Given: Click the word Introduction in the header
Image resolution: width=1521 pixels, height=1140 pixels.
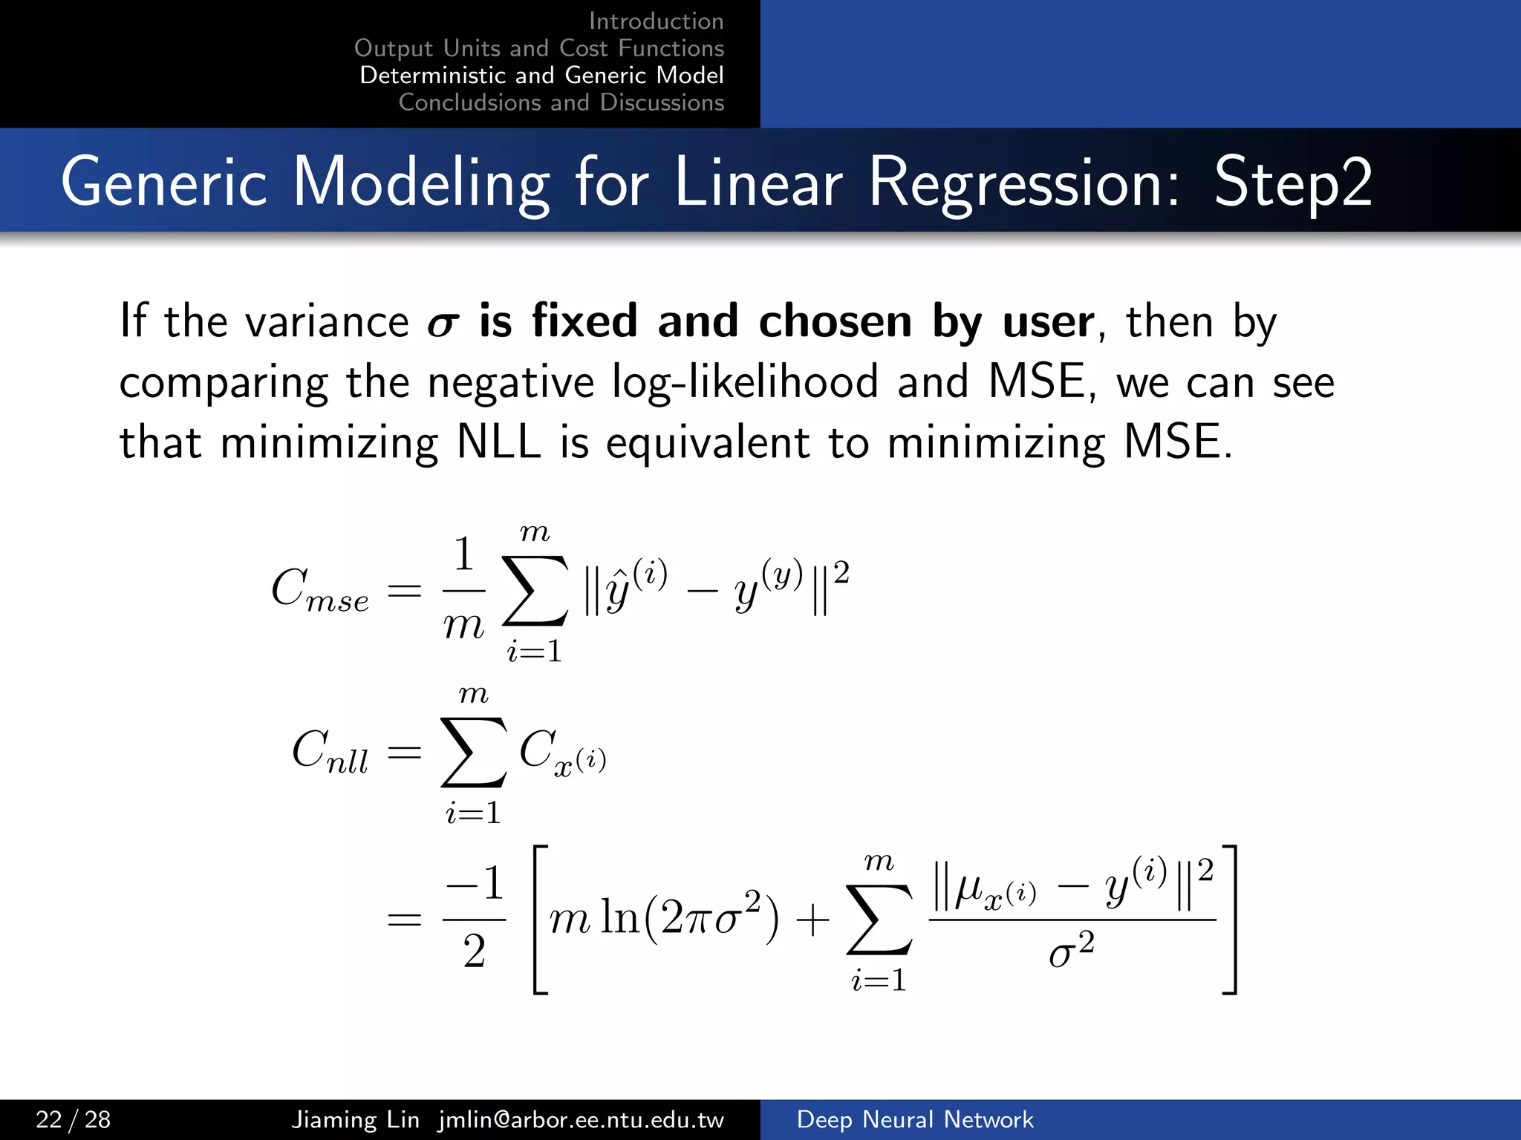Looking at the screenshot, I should coord(656,21).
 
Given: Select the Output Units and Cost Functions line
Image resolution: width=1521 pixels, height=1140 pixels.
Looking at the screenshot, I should coord(538,48).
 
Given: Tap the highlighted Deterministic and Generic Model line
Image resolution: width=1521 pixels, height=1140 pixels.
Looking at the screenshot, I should coord(541,75).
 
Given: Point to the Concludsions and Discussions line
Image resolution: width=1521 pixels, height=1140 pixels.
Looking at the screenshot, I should coord(561,102).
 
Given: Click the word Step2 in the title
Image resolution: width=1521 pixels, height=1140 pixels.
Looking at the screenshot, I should coord(1292,183).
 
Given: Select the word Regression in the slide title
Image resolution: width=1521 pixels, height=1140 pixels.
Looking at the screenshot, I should coord(1023,183).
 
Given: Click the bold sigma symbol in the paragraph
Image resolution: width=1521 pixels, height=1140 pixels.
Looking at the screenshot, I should coord(443,324).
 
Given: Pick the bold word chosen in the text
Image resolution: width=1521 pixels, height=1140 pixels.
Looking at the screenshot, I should coord(835,321).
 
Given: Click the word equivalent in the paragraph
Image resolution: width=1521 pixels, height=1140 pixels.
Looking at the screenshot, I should coord(707,442).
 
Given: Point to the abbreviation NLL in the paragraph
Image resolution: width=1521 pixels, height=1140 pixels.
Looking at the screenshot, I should coord(498,442).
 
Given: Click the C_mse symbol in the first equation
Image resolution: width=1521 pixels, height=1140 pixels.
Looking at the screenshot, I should coord(319,591).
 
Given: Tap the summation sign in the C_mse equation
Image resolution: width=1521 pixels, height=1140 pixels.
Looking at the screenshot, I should coord(535,591).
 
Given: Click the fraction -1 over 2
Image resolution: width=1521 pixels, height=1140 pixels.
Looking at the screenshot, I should coord(475,919).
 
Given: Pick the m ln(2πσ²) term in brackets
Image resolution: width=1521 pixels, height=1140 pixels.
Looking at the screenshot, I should coord(664,919).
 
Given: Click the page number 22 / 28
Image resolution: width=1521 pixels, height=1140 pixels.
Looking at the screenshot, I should coord(73,1119).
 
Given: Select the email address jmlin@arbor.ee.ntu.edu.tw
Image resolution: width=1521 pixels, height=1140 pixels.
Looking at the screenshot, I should coord(581,1119).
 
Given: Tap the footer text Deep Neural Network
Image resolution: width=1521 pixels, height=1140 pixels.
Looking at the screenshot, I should coord(914,1119).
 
